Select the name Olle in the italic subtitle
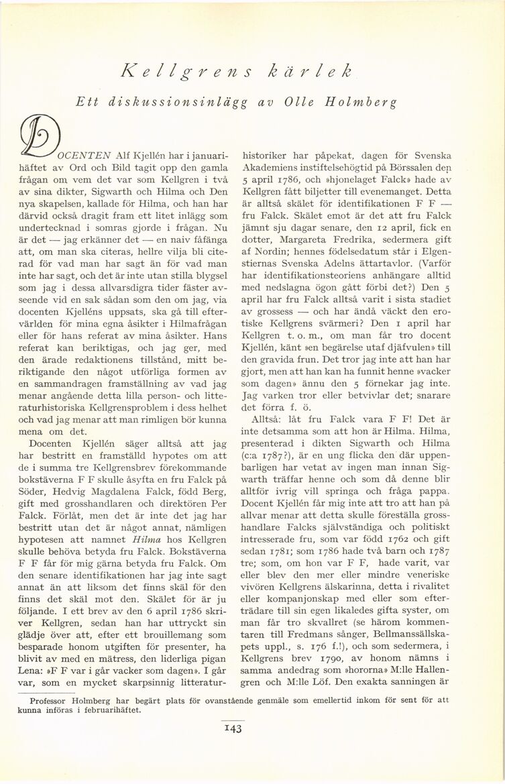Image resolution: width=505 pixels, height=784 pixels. click(x=300, y=103)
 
